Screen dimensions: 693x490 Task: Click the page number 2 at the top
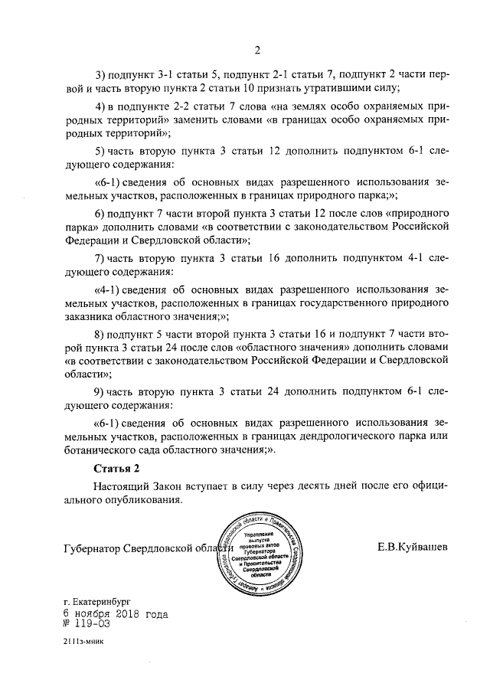pyautogui.click(x=258, y=51)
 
